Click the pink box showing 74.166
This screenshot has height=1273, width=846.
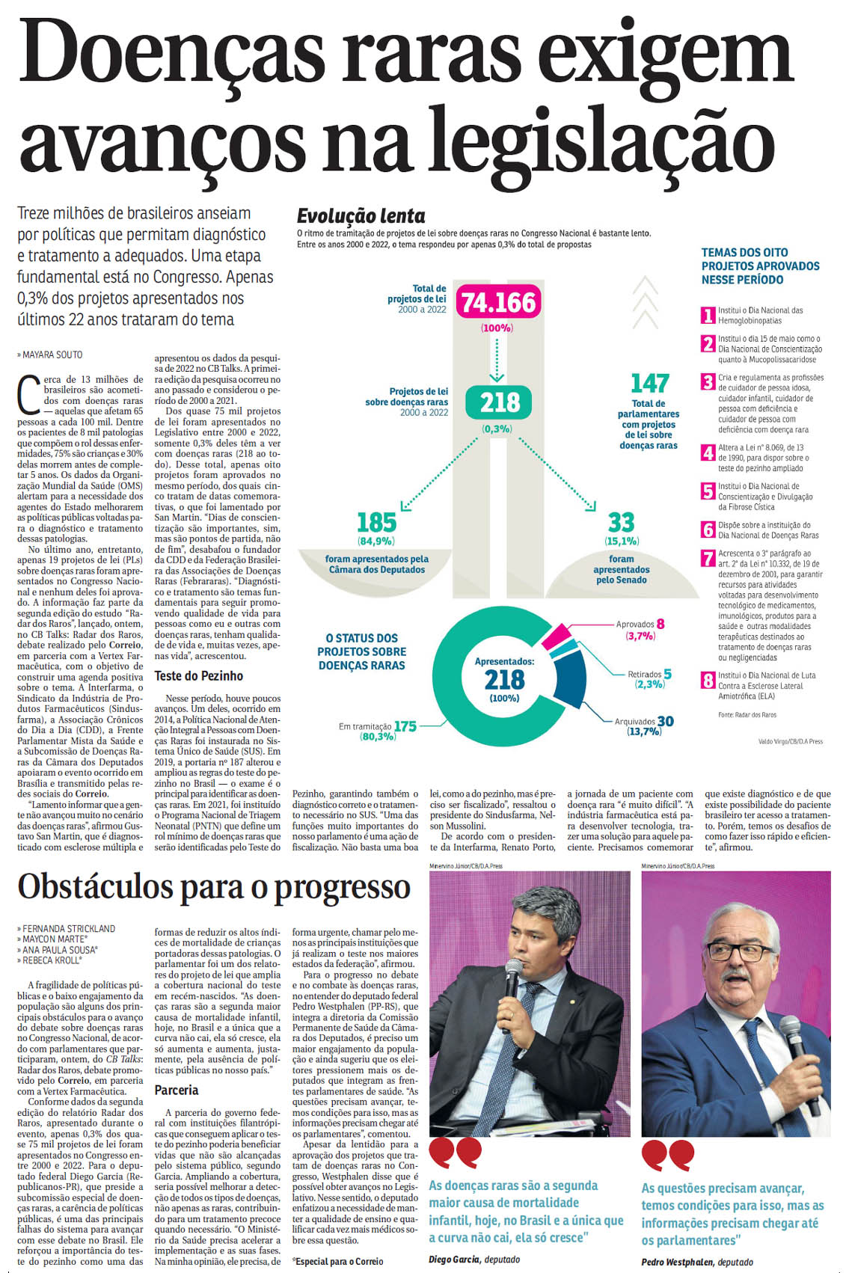498,303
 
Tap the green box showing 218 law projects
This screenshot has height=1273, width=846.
500,403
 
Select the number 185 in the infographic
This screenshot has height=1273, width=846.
376,522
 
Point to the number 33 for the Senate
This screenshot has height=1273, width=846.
621,522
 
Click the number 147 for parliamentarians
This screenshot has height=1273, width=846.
649,384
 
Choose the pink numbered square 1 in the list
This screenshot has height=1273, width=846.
708,315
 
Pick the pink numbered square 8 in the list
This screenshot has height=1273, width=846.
708,681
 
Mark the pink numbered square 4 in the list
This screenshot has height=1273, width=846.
708,453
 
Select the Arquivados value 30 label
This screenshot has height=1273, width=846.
665,721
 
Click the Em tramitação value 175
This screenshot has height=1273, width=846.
405,726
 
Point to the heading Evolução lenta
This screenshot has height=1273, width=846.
361,216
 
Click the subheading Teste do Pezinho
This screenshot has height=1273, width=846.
198,676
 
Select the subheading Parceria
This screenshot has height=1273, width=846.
177,1091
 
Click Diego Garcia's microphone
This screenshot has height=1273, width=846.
513,973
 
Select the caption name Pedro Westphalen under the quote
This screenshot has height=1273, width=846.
677,1263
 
